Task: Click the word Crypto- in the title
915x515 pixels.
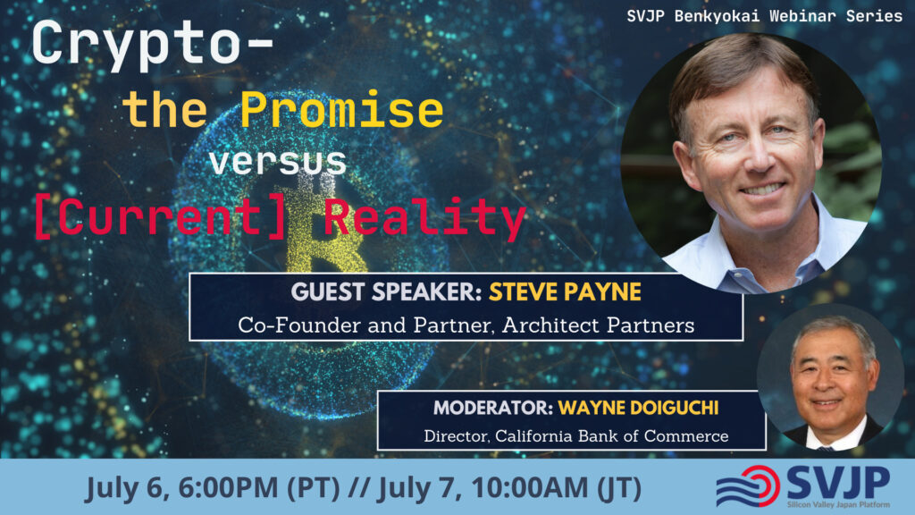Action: pos(153,45)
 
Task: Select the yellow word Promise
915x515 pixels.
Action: pos(342,110)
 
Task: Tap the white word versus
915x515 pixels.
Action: pos(278,162)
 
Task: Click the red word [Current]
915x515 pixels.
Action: pos(160,216)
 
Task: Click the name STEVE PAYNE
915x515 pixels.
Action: pos(565,292)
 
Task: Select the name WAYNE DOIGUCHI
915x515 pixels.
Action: pos(638,408)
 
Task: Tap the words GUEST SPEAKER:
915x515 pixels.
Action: pos(386,292)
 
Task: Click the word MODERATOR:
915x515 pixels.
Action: pos(493,408)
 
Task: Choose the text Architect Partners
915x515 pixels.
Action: pos(598,325)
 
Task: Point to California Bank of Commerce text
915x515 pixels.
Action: pos(611,436)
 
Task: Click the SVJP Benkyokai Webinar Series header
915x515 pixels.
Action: pos(765,16)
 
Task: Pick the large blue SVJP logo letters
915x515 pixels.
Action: pos(838,482)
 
